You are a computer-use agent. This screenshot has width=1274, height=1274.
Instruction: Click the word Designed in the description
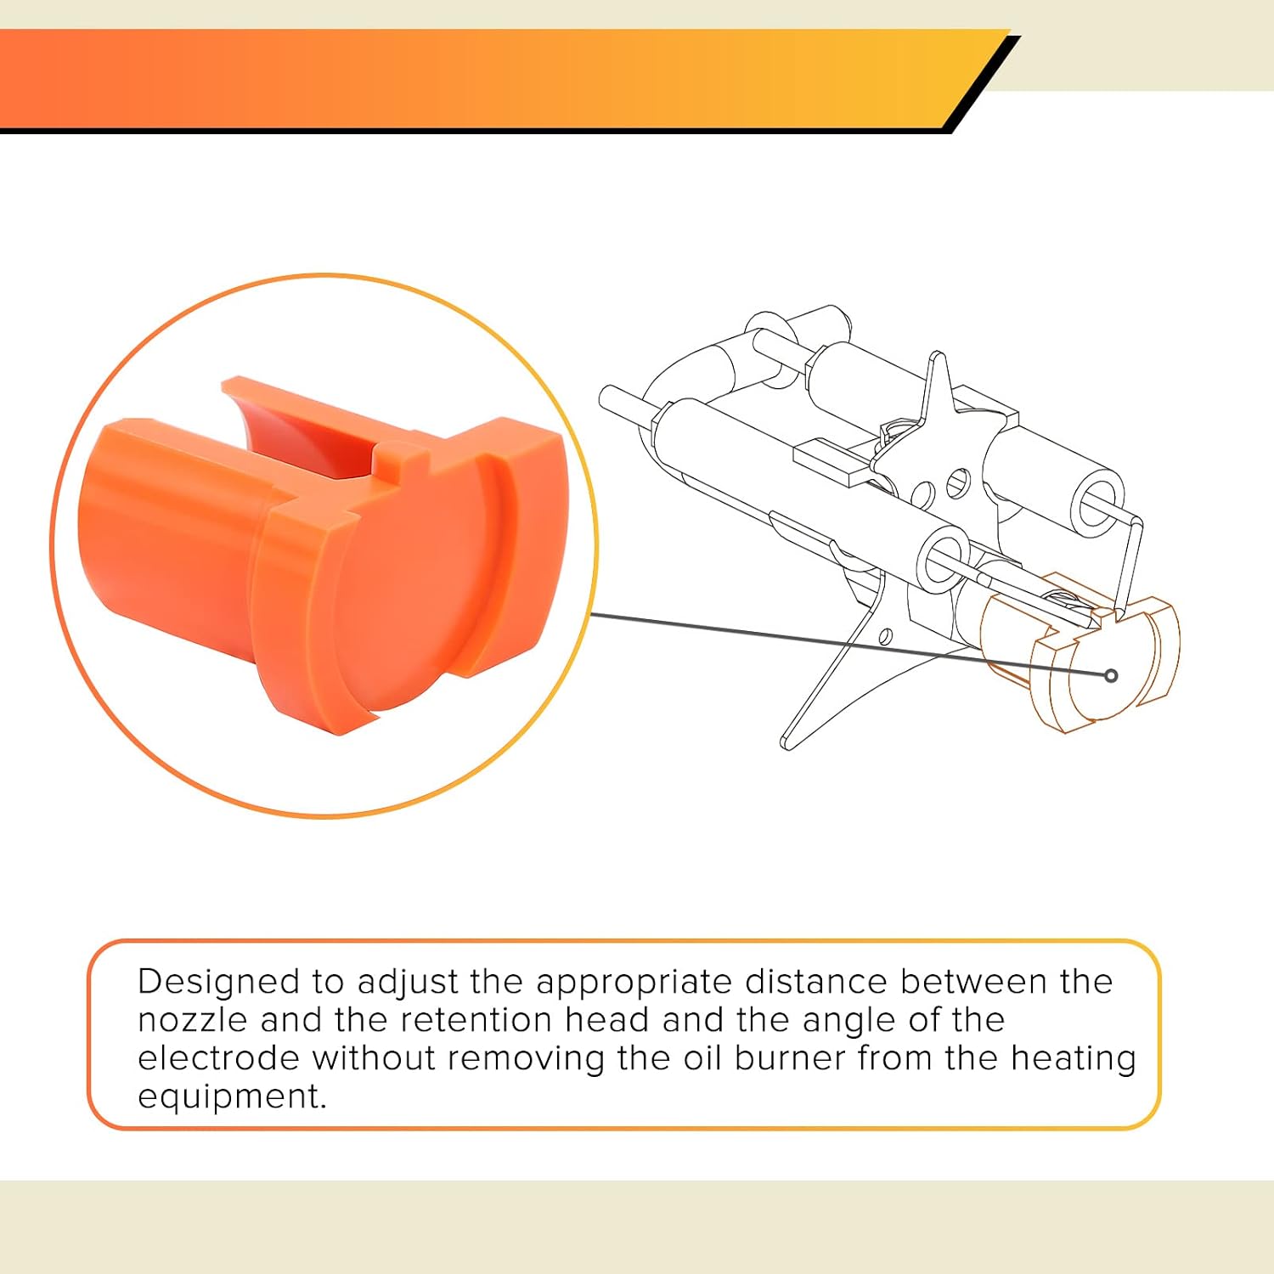(218, 983)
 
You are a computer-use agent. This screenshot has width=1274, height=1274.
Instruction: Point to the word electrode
(218, 1058)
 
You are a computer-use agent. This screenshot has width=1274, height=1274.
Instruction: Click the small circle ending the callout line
(1111, 676)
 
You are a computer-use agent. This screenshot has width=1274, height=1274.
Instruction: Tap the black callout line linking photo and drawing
(849, 645)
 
